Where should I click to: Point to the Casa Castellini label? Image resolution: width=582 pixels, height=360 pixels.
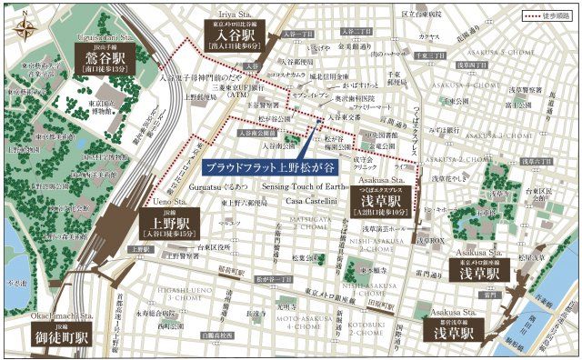coord(312,200)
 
